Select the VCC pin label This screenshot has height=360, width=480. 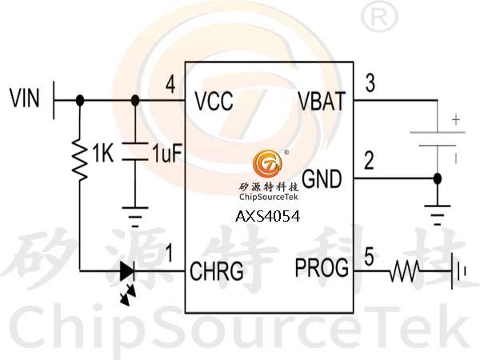pos(213,102)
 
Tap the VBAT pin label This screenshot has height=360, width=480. pos(321,102)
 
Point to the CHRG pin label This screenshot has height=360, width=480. pos(217,270)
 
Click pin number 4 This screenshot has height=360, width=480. pos(170,84)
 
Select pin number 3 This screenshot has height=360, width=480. pos(369,83)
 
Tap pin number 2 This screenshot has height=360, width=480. pos(369,161)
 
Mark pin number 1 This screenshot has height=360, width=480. pos(169,254)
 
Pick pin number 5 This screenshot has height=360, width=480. pos(369,257)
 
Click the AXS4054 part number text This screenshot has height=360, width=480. pos(267,216)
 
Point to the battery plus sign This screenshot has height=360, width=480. pos(456,122)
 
